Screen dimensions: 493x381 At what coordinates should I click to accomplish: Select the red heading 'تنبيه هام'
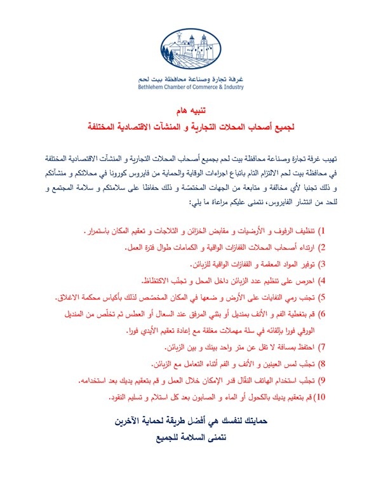coord(190,111)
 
